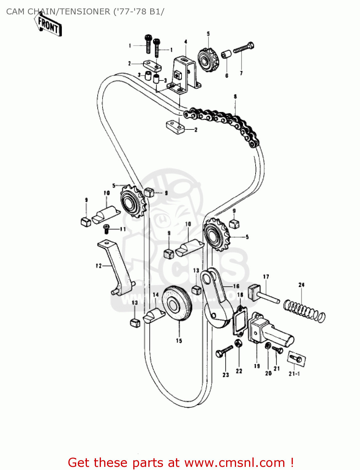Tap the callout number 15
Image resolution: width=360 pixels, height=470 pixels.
[179, 341]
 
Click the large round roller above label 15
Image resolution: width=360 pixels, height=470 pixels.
[177, 303]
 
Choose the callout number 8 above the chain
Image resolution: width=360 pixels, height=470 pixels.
[235, 97]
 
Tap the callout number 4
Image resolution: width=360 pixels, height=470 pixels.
[186, 42]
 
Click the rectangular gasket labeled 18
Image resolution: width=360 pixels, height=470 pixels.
[240, 320]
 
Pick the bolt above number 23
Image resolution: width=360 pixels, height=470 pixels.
[224, 351]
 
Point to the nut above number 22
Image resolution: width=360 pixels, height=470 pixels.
[238, 343]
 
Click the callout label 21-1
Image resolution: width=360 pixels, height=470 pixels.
[294, 374]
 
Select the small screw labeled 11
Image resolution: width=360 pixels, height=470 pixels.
[106, 229]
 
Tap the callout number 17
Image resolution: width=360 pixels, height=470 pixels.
[266, 277]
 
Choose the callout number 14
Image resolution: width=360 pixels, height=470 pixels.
[156, 295]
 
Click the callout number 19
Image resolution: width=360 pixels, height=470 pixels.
[257, 366]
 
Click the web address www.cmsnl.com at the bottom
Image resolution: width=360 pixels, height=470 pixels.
[235, 462]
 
